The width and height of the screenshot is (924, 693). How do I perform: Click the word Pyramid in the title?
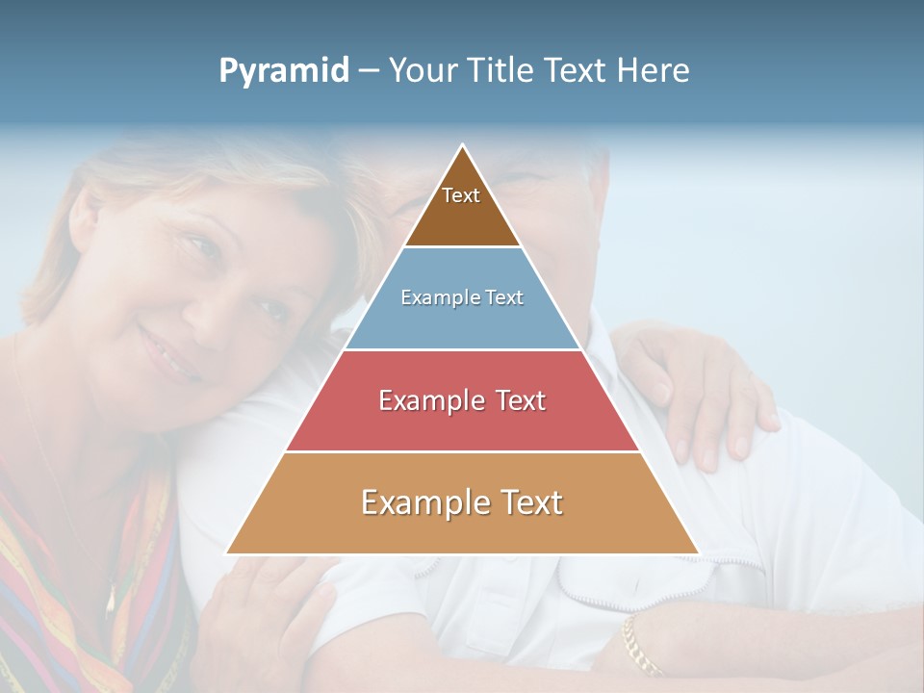pos(284,70)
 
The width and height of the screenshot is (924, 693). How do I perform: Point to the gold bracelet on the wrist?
pos(640,645)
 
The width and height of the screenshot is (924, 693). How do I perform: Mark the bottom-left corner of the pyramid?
pos(226,553)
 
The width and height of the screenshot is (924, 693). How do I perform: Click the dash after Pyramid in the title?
pos(369,70)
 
